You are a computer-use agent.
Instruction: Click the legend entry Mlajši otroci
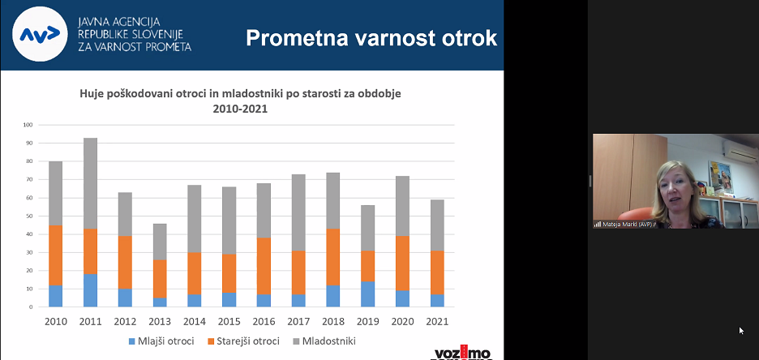162,341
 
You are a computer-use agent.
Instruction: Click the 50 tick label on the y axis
28,216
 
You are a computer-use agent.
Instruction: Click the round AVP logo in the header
41,34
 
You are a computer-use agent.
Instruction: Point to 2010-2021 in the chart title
240,108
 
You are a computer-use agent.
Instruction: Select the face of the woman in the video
677,189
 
